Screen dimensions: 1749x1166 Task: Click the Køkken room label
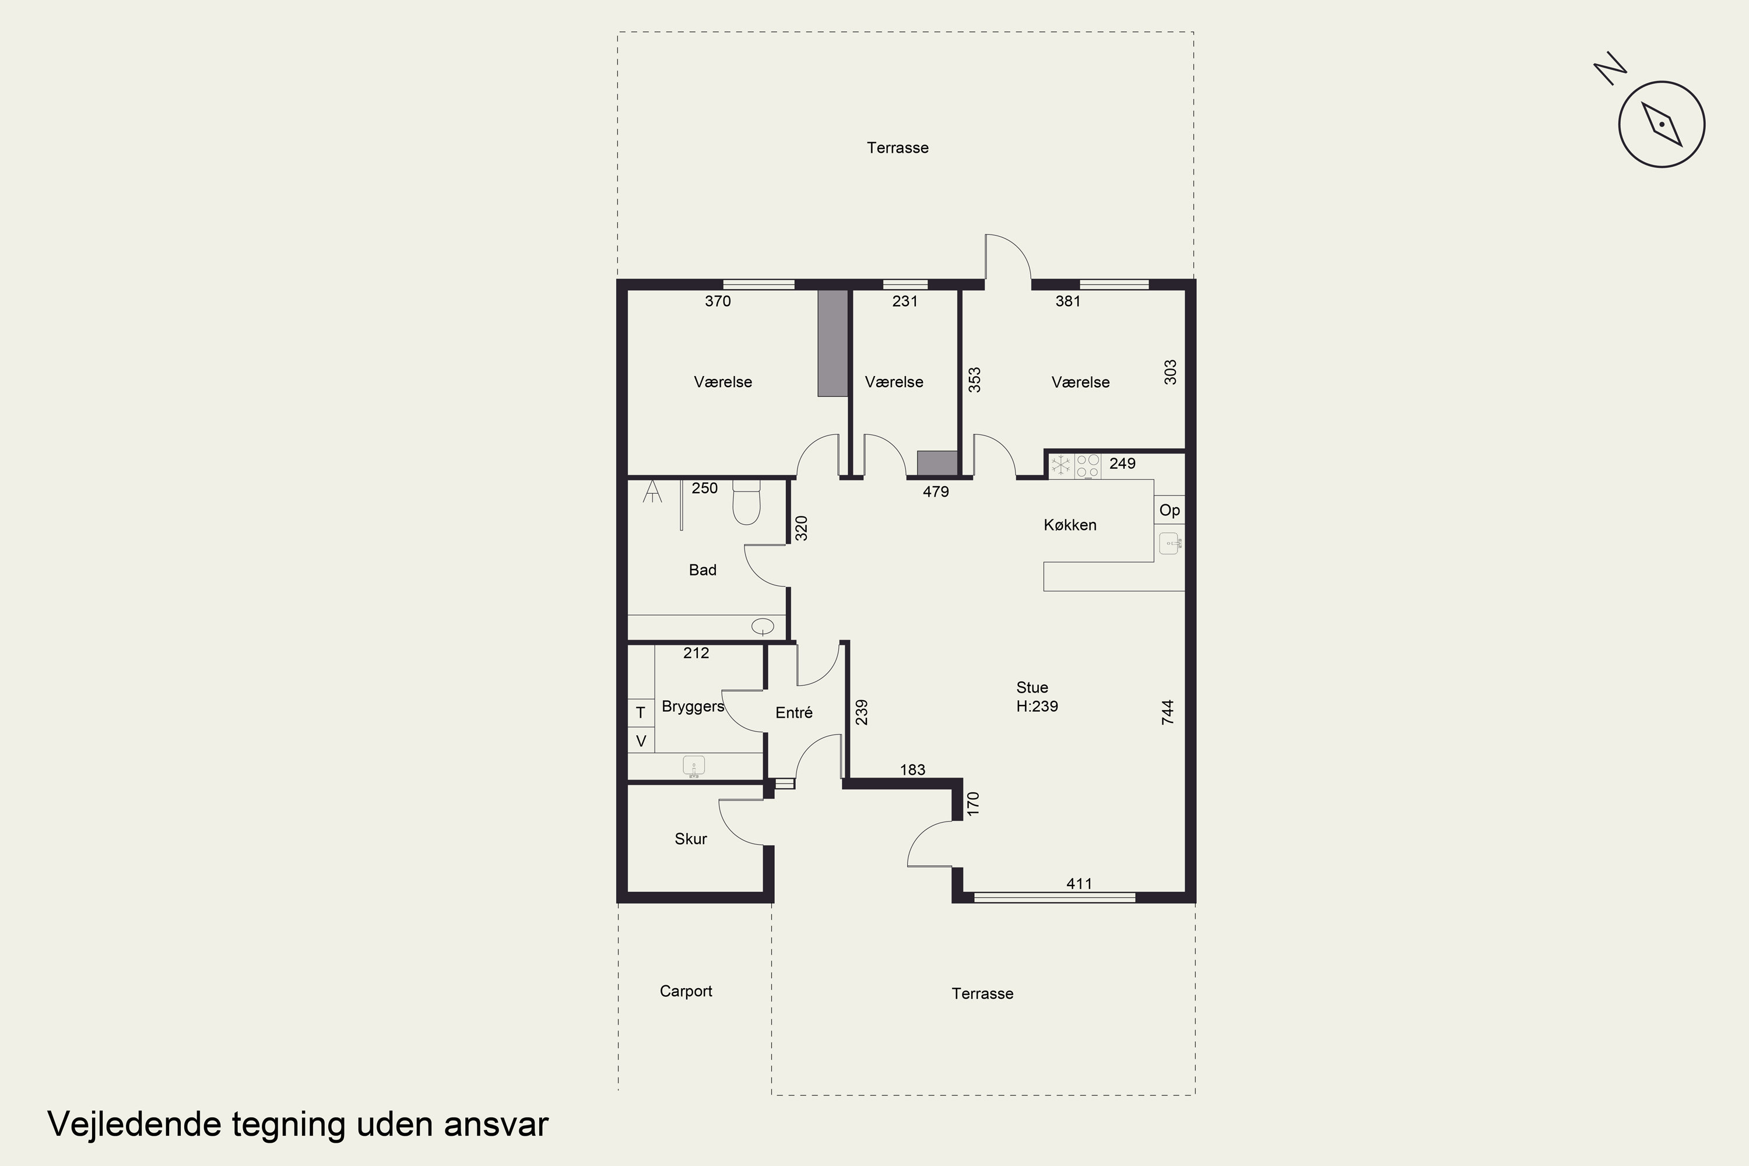(1070, 525)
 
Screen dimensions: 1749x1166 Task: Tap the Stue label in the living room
(1032, 688)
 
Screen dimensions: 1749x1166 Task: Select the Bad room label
(703, 570)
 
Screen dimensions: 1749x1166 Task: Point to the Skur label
(691, 839)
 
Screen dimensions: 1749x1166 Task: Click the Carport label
(686, 991)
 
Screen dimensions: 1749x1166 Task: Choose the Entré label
(794, 712)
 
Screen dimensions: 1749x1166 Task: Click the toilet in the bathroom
(747, 502)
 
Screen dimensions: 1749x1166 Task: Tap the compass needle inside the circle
(1662, 124)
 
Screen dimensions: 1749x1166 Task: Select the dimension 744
(1168, 712)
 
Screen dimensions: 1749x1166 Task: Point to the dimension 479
(936, 491)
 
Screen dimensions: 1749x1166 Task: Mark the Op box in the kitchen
(1169, 510)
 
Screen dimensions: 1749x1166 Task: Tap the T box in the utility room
(641, 712)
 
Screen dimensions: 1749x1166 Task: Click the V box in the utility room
(641, 740)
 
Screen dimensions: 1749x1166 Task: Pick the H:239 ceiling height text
(1037, 707)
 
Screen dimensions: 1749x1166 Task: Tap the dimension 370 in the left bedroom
(718, 301)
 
